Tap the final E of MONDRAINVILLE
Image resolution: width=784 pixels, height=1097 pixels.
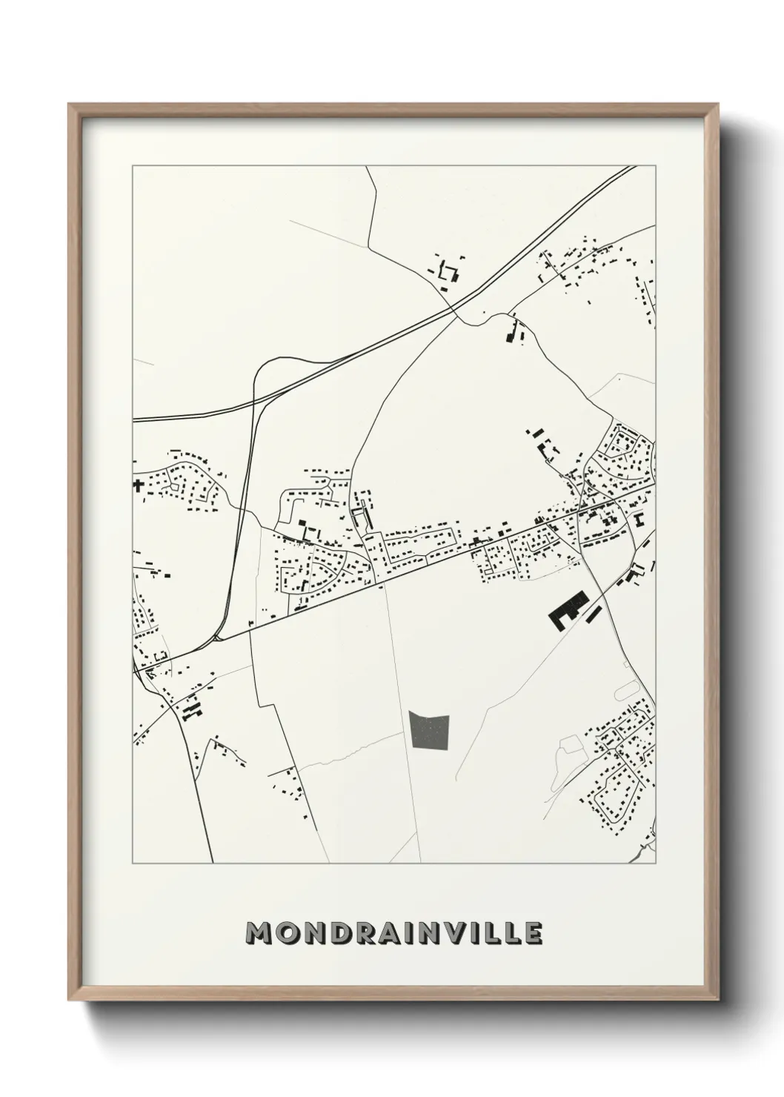[x=533, y=934]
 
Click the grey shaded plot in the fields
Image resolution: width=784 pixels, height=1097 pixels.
[x=430, y=732]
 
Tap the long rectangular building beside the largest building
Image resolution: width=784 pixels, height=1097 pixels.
[x=595, y=613]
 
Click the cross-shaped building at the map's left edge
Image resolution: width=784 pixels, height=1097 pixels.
[x=137, y=485]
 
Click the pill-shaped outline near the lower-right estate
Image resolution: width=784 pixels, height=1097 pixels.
[x=627, y=690]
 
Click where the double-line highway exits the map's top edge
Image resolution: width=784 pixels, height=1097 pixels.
[x=632, y=168]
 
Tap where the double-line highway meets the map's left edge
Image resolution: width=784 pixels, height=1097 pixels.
[x=135, y=419]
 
